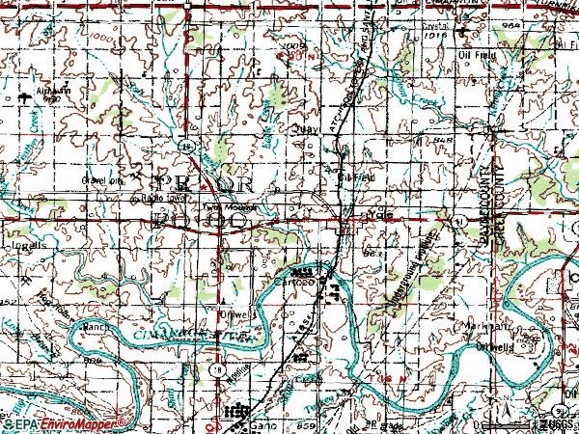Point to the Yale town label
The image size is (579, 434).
pos(378,216)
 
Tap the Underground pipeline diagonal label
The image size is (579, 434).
pos(405,270)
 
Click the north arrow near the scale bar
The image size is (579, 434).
pos(501,412)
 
